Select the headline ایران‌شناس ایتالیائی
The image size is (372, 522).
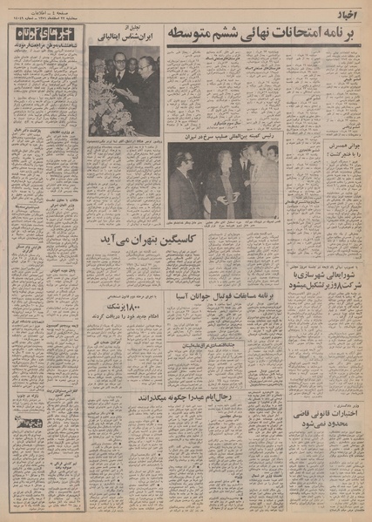pyautogui.click(x=126, y=38)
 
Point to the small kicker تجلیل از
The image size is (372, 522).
pyautogui.click(x=127, y=29)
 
